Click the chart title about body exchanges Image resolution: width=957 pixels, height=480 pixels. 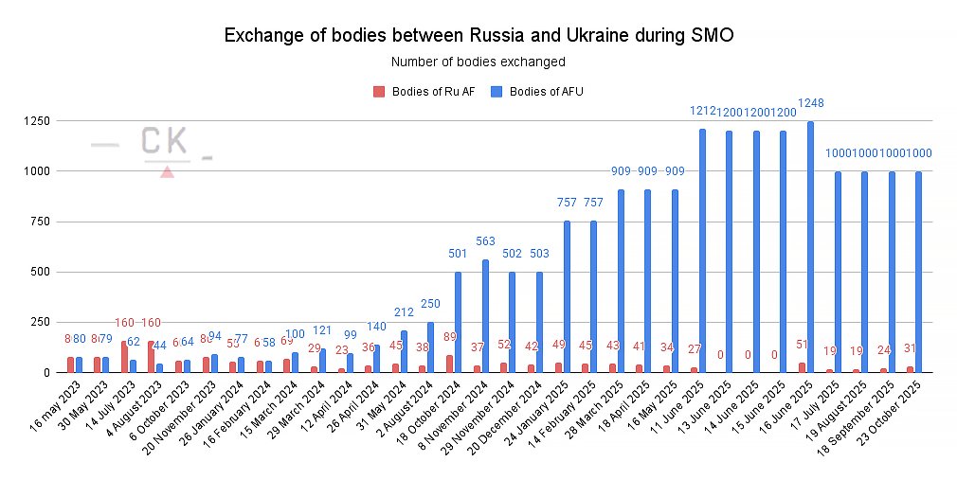(478, 36)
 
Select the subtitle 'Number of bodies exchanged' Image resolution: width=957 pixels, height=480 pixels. (478, 62)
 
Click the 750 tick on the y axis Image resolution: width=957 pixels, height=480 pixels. (40, 222)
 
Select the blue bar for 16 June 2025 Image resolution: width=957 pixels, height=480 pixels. (811, 247)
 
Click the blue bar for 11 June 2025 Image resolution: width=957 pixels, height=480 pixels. (702, 251)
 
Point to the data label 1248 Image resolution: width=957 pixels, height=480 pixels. (810, 102)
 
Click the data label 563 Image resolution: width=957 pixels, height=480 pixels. (485, 240)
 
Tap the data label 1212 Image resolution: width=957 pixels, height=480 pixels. (702, 111)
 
